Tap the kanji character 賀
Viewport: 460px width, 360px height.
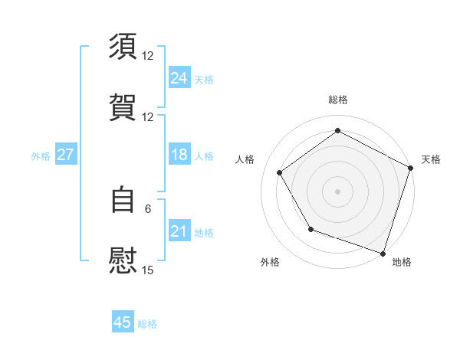coord(123,107)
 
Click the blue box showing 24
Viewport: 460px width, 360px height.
coord(179,78)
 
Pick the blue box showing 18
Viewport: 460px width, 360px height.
coord(179,155)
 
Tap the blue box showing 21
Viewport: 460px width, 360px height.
coord(179,231)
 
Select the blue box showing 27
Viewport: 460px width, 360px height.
coord(65,155)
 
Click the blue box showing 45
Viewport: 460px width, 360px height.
coord(123,322)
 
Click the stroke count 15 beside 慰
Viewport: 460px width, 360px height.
coord(148,270)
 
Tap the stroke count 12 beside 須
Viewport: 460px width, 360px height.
coord(148,56)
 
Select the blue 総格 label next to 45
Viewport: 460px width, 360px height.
coord(148,324)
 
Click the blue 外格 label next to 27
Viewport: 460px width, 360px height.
coord(41,156)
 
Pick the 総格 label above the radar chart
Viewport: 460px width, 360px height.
coord(338,100)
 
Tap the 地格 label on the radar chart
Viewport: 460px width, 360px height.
coord(402,263)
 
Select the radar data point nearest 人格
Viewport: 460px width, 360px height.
coord(280,172)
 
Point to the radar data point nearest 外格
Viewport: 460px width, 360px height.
coord(310,229)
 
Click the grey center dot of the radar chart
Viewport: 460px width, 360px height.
coord(338,191)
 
